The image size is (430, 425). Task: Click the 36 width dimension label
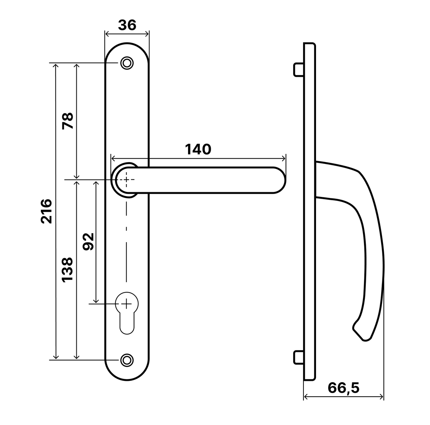point(127,25)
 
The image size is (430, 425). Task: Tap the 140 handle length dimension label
point(198,149)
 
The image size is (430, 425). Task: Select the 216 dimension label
point(47,211)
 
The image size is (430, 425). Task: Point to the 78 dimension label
point(68,121)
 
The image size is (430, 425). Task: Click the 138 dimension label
point(67,270)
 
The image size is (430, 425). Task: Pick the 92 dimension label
point(89,241)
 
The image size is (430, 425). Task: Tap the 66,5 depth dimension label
point(343,388)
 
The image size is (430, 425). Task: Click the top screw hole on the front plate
point(127,63)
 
